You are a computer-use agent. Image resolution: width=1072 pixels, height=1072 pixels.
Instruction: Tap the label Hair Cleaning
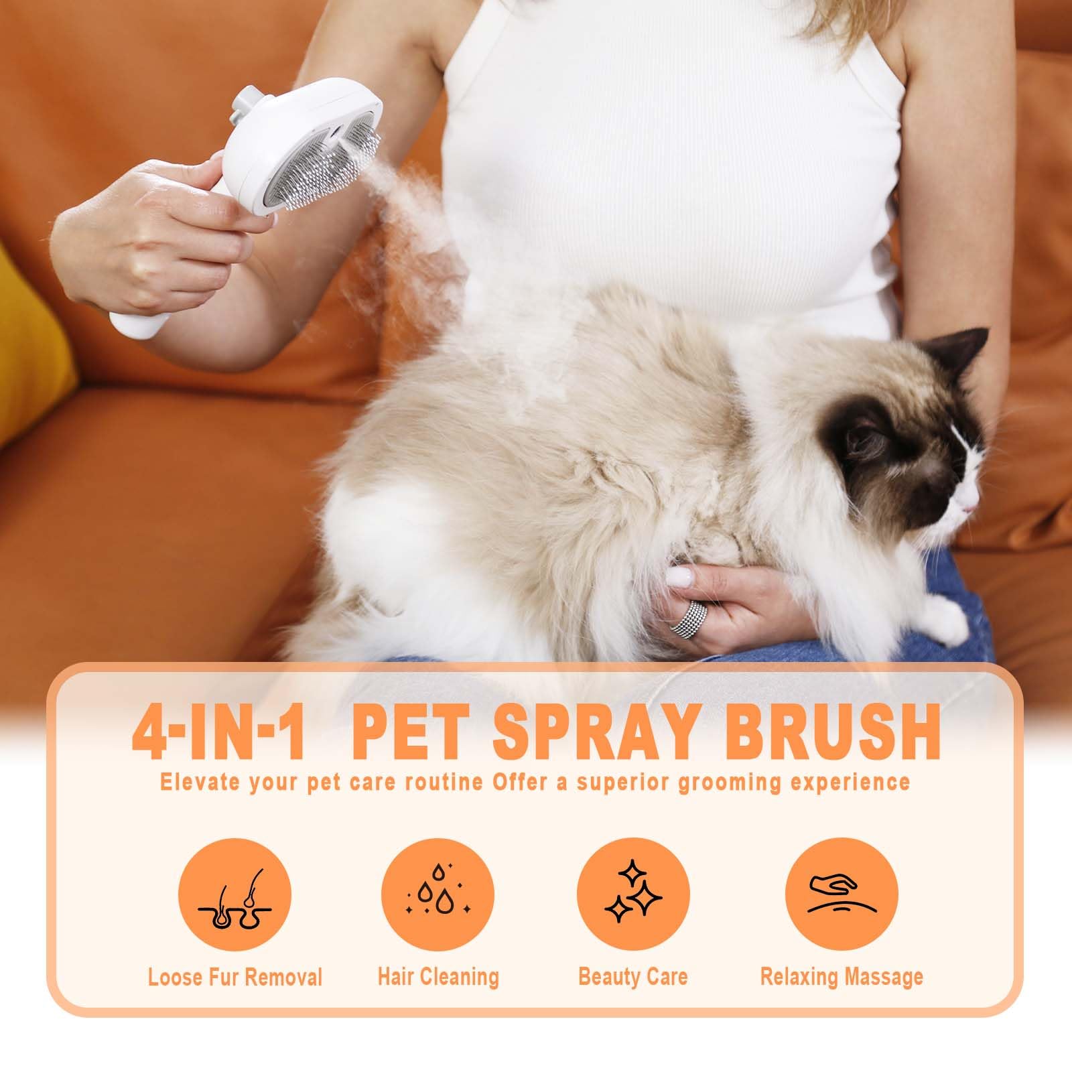(438, 976)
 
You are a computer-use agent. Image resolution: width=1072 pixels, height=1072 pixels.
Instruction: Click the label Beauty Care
(633, 976)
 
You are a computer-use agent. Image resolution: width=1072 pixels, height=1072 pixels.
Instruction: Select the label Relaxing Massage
(842, 976)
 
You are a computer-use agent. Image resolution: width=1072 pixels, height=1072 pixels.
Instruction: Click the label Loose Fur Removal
(235, 977)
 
